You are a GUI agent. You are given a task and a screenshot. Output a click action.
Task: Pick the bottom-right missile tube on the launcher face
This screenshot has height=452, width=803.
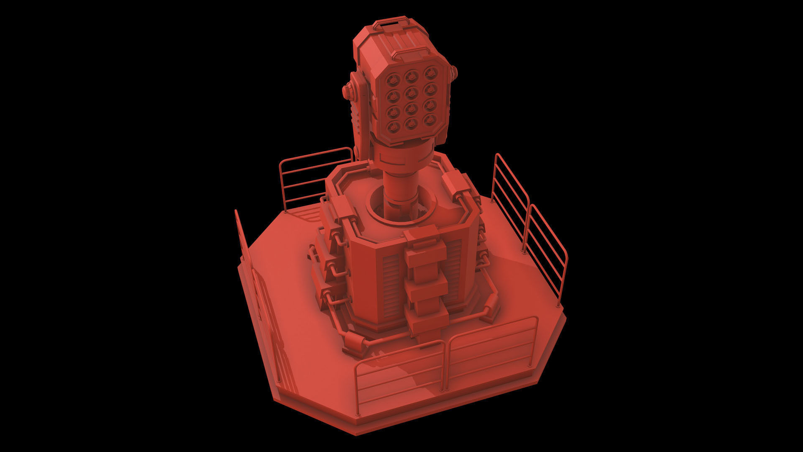pos(429,121)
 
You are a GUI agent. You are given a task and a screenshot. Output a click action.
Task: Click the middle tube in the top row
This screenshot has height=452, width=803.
pos(411,76)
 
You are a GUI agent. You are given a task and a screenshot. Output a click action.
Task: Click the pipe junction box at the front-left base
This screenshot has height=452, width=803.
pos(353,345)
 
